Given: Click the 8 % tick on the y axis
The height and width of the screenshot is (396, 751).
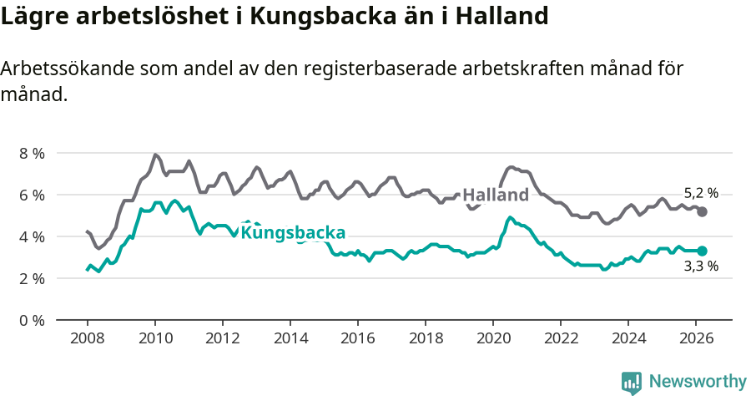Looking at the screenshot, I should (x=32, y=153).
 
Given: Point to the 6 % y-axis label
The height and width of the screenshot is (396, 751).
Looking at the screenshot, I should (x=32, y=195).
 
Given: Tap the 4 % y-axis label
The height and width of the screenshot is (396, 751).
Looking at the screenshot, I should (x=32, y=236).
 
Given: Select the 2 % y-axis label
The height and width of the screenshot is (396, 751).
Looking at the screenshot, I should (x=32, y=278).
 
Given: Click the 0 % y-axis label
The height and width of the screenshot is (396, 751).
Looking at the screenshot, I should (x=32, y=320).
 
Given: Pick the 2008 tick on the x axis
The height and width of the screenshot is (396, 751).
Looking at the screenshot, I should (x=87, y=338).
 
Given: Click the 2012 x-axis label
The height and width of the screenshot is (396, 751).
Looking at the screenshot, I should (x=222, y=338).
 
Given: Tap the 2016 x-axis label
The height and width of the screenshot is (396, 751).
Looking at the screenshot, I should (x=358, y=338).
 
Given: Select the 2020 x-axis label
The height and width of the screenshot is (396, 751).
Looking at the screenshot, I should (x=493, y=338).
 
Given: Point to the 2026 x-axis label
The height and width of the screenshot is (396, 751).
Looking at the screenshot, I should (x=696, y=338).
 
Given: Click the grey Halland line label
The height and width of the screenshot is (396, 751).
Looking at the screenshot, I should (x=496, y=195).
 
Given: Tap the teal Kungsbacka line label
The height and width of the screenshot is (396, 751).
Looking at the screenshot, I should (x=293, y=232).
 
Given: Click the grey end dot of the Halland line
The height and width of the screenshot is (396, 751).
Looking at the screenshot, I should (x=703, y=211).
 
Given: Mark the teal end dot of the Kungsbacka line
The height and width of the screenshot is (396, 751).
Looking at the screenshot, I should (x=703, y=251).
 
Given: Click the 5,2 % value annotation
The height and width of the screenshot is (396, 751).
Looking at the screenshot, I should (x=701, y=193).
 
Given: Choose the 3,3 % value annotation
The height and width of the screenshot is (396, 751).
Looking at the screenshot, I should (x=701, y=267).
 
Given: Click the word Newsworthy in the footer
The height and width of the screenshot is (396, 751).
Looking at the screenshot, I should (x=698, y=382).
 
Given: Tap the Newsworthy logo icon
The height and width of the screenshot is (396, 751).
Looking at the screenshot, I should (x=632, y=383).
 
